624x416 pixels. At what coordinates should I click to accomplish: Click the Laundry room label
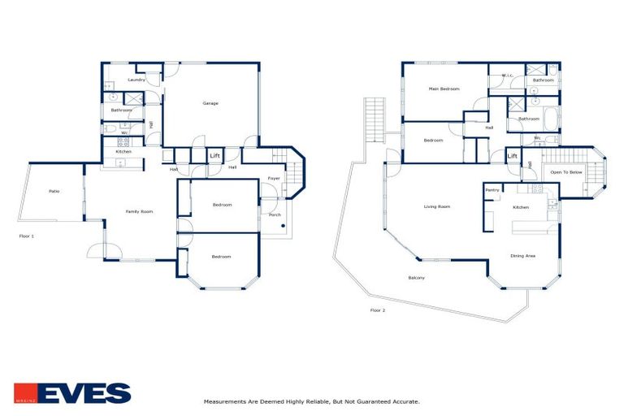tap(136, 80)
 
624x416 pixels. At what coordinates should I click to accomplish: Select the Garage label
tap(210, 103)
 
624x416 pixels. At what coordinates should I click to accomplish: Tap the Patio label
tap(54, 191)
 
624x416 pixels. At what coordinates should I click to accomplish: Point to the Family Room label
tap(139, 211)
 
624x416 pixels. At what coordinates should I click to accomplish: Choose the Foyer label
tap(275, 178)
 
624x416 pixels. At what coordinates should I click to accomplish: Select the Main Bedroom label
tap(444, 89)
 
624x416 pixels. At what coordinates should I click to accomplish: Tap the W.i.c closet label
tap(508, 76)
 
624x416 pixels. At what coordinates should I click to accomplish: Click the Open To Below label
tap(566, 172)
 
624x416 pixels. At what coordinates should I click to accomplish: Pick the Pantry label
tap(492, 190)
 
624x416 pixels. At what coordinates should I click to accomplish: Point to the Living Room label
tap(437, 206)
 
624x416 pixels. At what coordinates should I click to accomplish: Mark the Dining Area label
tap(522, 256)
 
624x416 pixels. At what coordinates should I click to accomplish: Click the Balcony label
tap(416, 278)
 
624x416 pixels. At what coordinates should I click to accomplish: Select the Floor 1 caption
tap(27, 236)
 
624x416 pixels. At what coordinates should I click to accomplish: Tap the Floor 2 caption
tap(378, 310)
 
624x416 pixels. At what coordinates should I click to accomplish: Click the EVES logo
tap(72, 393)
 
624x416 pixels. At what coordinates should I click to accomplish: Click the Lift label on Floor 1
tap(215, 155)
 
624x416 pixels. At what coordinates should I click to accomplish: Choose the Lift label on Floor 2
tap(513, 155)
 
